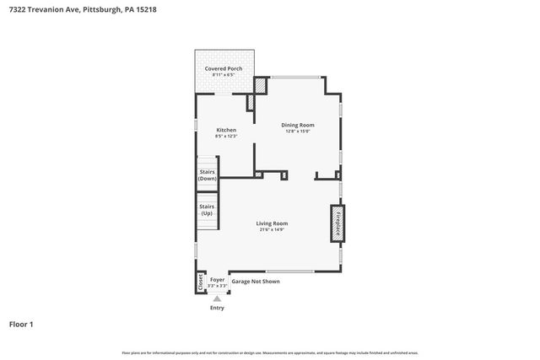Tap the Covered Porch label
click(x=223, y=67)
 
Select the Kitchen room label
click(x=225, y=130)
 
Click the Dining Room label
click(x=298, y=125)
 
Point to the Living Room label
click(x=272, y=223)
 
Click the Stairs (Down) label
click(x=207, y=175)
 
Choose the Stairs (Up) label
click(x=207, y=210)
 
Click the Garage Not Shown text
click(x=256, y=281)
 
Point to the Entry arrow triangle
click(x=218, y=298)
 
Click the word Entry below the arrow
click(x=218, y=308)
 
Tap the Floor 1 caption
click(x=22, y=324)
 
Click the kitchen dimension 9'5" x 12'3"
click(x=225, y=137)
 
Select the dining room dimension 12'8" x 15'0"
click(x=298, y=132)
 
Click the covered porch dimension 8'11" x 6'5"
click(x=223, y=74)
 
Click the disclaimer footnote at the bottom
click(x=270, y=352)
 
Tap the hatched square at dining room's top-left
click(x=261, y=85)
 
